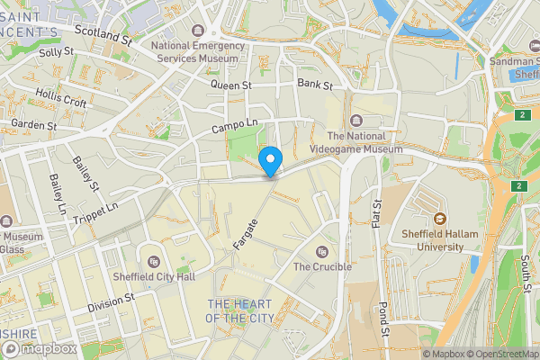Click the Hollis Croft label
point(61,98)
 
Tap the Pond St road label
point(383,320)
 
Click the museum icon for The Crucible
point(322,251)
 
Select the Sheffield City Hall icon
point(154,262)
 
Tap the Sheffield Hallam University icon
point(440,219)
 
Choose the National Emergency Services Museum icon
point(198,31)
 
